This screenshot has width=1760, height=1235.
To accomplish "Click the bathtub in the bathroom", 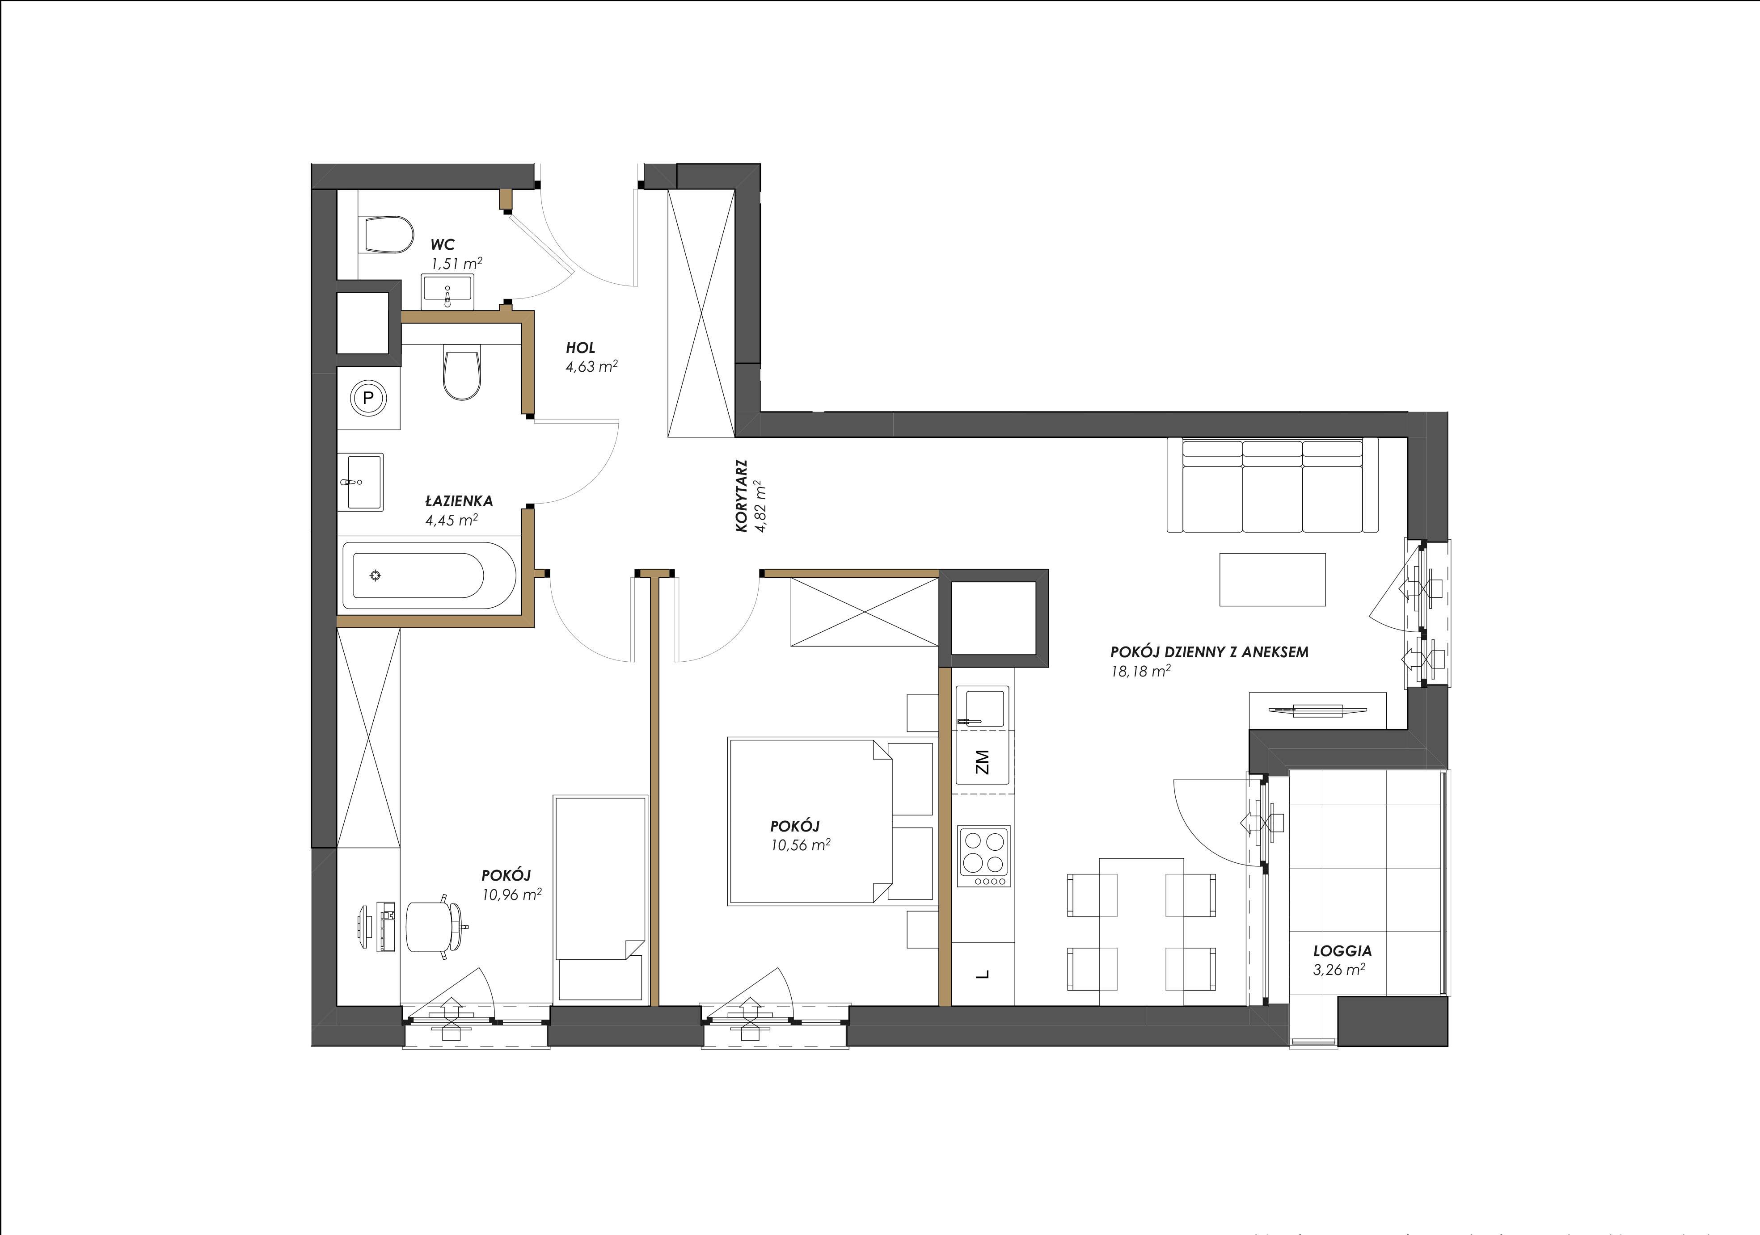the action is click(418, 575).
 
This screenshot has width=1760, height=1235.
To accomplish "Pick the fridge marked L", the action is click(983, 974).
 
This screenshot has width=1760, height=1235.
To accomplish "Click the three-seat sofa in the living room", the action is click(1272, 484).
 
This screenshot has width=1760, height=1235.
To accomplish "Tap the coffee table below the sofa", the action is click(1272, 580).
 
